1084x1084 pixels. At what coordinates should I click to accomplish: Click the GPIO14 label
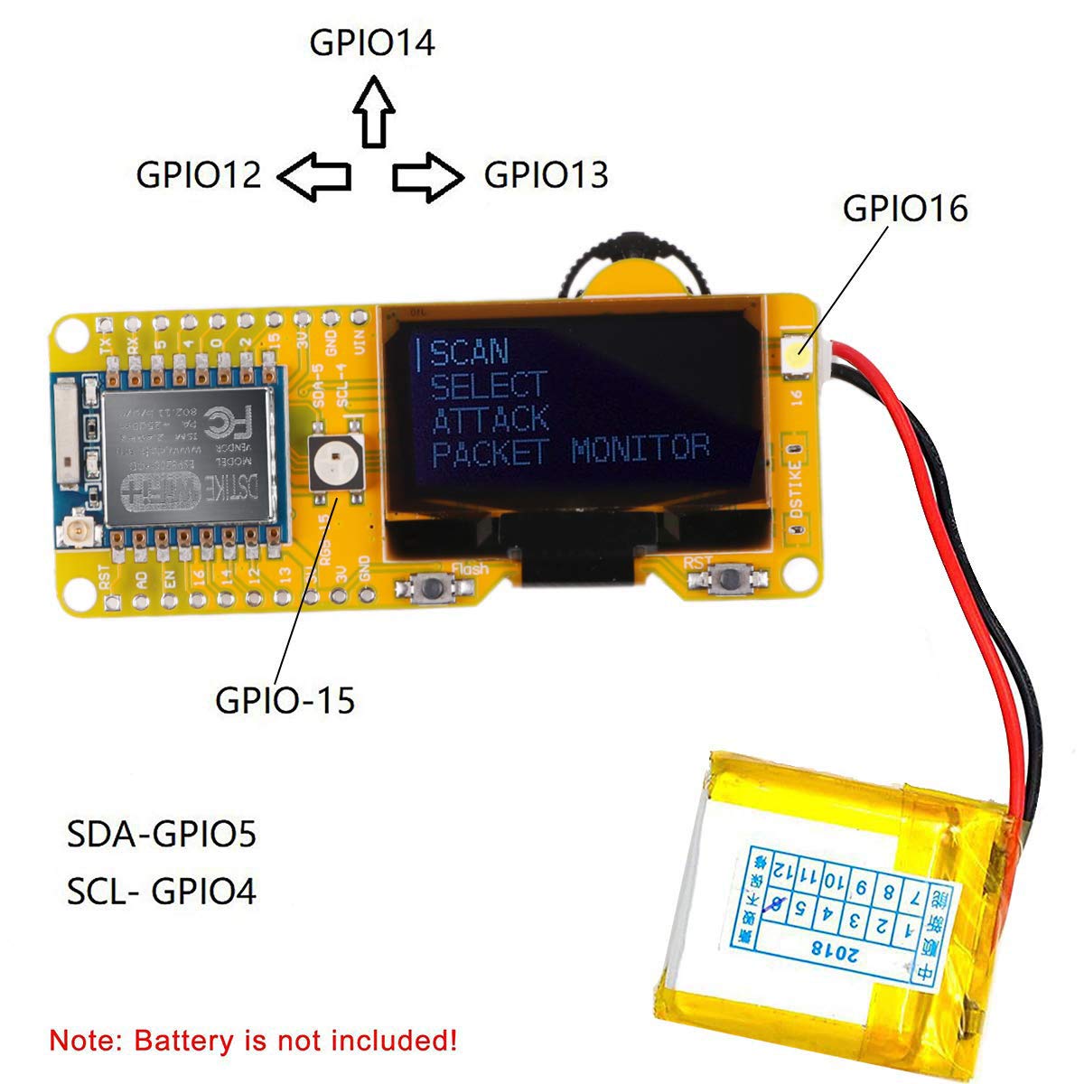(x=372, y=43)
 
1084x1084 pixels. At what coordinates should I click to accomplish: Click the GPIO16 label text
(x=904, y=209)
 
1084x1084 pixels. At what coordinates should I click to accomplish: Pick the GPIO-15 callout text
(x=285, y=699)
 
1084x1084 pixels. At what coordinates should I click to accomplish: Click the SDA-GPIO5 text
(x=162, y=834)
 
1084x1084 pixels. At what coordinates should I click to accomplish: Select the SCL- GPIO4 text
(x=162, y=892)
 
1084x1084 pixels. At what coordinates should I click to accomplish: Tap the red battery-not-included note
(x=253, y=1040)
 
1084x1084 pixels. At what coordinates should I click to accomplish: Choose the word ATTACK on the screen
(x=491, y=418)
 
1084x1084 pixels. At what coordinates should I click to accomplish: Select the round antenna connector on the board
(x=75, y=537)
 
